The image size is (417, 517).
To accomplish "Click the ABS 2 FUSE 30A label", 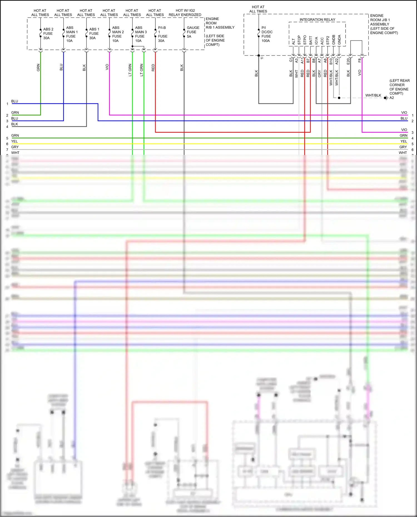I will tap(48, 34).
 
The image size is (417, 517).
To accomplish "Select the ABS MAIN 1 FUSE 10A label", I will tap(72, 34).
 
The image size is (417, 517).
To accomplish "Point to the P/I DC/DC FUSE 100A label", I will tap(267, 34).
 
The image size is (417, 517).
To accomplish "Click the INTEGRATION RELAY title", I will tap(317, 20).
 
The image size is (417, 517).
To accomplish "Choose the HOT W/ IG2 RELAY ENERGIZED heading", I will tap(185, 13).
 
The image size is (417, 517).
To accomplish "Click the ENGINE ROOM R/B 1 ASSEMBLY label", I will tap(220, 23).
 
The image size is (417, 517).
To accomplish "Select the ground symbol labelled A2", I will tap(386, 98).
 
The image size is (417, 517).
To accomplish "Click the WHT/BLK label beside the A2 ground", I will tap(373, 95).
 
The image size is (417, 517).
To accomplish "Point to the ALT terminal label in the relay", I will tap(294, 42).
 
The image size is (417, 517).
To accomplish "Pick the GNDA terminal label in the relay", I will tap(339, 40).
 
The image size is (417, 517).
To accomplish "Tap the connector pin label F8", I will tap(360, 60).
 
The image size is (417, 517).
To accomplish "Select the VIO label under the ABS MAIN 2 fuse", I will tap(107, 67).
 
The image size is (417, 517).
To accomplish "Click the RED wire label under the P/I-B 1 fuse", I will tap(153, 68).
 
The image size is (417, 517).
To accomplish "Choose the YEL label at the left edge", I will tap(14, 141).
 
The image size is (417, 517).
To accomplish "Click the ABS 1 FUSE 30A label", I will tap(94, 34).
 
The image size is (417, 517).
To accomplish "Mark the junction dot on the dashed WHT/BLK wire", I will tap(339, 98).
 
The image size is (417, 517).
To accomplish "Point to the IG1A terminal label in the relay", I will tap(316, 41).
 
